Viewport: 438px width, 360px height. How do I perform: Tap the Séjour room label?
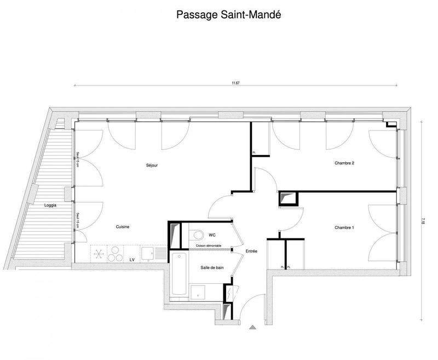(x=152, y=165)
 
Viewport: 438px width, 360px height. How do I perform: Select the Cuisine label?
(x=123, y=226)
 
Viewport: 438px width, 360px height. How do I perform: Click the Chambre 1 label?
(x=344, y=227)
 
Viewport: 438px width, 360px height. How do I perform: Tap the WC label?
(x=211, y=235)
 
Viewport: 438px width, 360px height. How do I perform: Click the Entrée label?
(x=251, y=251)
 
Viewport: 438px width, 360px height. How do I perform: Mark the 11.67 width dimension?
(x=235, y=83)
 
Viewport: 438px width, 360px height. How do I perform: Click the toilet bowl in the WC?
(x=195, y=235)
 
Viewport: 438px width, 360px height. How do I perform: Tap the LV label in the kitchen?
(x=132, y=259)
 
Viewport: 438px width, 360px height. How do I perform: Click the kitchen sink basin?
(x=147, y=253)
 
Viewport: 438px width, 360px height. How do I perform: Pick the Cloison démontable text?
(x=209, y=245)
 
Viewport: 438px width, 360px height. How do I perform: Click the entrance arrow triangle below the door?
(x=252, y=328)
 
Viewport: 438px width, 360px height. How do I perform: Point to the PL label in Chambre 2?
(x=254, y=152)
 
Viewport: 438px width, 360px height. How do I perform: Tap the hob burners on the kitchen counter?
(x=114, y=255)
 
